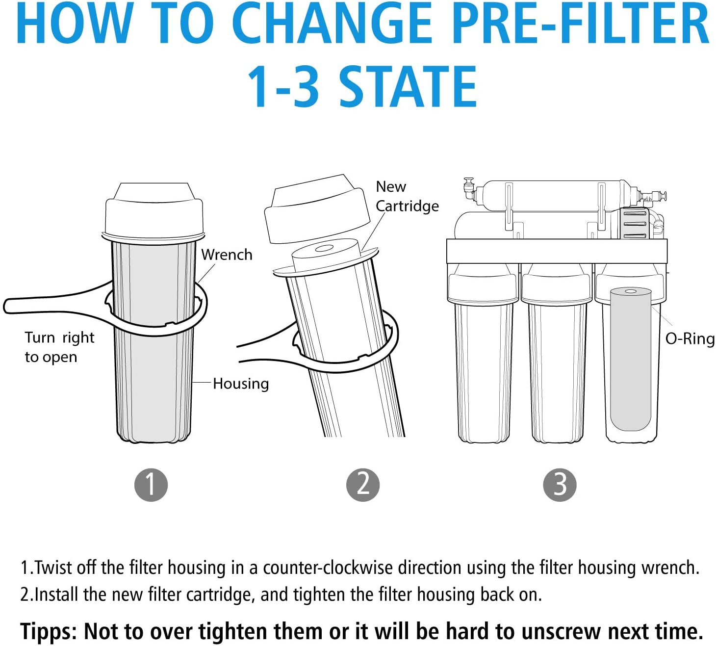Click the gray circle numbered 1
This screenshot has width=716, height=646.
point(151,485)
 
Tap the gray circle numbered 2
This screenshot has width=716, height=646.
point(363,485)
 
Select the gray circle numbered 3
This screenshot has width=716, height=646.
point(560,485)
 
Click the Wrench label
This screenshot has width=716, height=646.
point(227,255)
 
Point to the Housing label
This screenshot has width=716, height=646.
point(241,384)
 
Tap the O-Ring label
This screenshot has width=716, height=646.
point(690,338)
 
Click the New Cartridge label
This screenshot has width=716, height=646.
point(407,196)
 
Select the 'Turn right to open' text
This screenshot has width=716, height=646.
point(59,347)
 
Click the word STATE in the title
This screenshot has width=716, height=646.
point(408,87)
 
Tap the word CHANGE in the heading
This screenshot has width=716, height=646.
point(334,24)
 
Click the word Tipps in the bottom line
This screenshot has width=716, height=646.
point(48,631)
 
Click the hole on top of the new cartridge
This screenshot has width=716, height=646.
point(324,248)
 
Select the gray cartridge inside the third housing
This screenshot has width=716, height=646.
point(630,360)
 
